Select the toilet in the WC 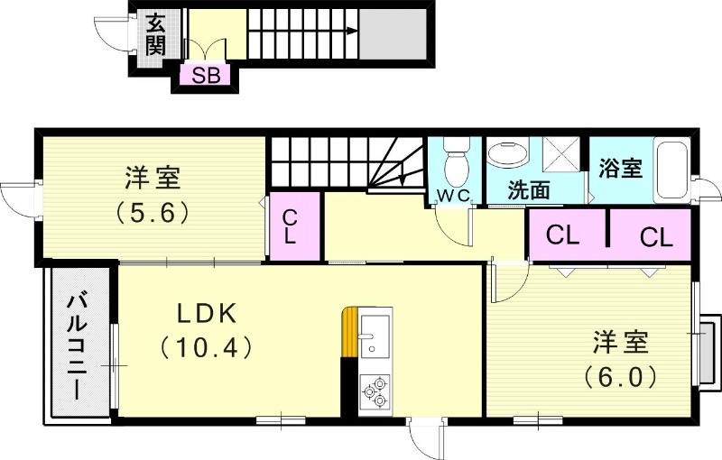tap(457, 161)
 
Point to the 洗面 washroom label tap(528, 190)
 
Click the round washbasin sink tap(509, 155)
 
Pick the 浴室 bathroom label tap(620, 168)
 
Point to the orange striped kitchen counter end tap(349, 334)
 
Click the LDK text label tap(205, 313)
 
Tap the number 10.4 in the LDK tap(205, 347)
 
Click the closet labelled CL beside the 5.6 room tap(292, 227)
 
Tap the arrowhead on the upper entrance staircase tap(348, 30)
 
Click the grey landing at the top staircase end tap(391, 36)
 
